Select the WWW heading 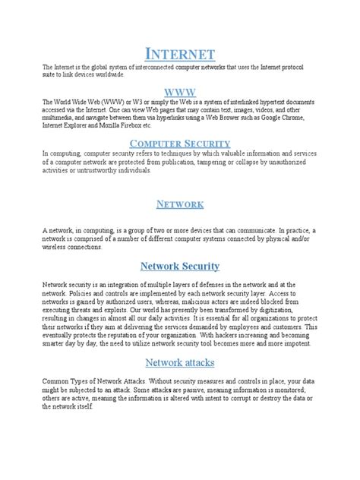pos(180,91)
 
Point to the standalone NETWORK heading pos(180,204)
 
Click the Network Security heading pos(180,266)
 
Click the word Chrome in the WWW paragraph pos(313,118)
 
